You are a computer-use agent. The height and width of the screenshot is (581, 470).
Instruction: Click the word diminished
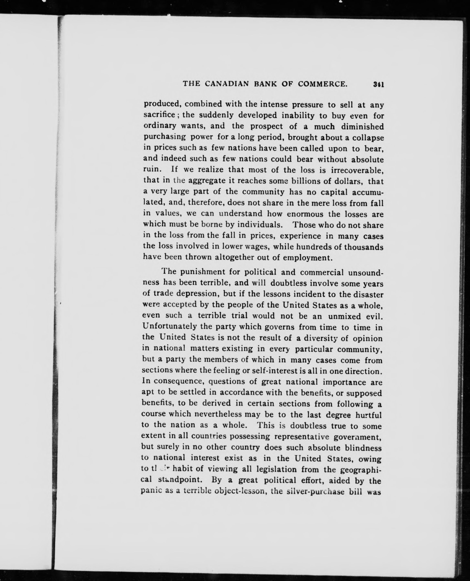362,126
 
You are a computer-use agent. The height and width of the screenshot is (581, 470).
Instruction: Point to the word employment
307,257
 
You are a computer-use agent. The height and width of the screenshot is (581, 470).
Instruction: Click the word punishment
203,272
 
